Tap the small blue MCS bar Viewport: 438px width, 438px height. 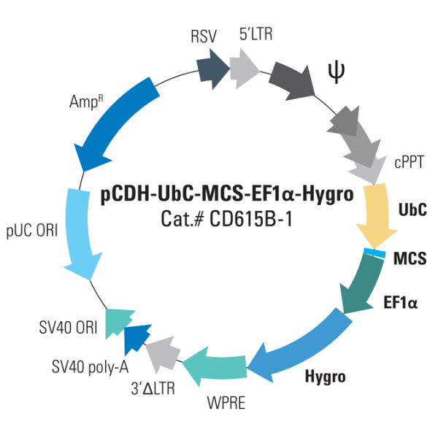pos(374,253)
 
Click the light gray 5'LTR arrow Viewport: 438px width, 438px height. pos(245,68)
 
